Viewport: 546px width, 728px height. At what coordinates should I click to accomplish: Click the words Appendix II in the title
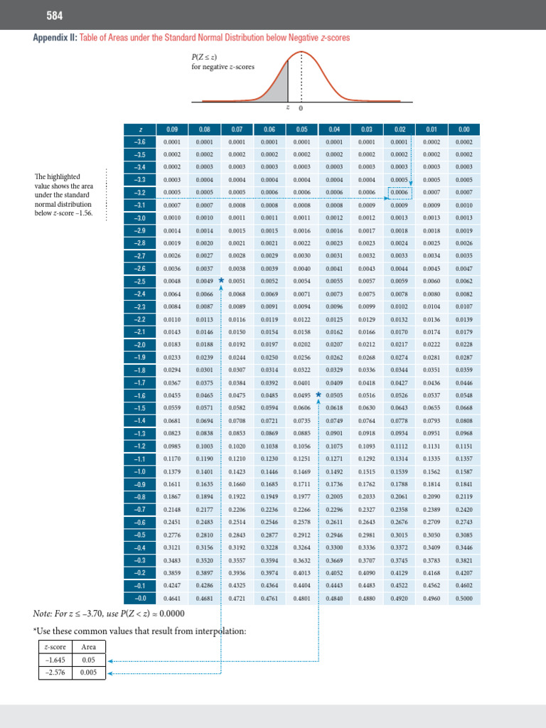(x=55, y=37)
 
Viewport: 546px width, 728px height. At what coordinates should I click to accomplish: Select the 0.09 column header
(x=172, y=129)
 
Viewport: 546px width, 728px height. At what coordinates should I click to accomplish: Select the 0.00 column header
(x=464, y=129)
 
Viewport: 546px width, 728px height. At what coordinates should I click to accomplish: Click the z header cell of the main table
(x=141, y=129)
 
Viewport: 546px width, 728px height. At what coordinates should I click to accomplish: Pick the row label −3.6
(x=141, y=141)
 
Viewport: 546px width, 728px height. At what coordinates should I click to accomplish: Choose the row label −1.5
(x=141, y=407)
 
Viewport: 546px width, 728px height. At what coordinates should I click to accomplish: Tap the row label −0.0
(x=141, y=598)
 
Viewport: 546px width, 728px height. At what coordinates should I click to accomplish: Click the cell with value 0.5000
(x=464, y=598)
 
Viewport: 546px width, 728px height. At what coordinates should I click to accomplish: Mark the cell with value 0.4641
(x=172, y=598)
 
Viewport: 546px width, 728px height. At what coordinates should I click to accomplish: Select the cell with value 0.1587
(x=464, y=471)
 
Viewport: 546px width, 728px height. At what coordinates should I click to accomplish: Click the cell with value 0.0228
(x=464, y=344)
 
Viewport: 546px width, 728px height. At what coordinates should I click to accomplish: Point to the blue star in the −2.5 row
(x=221, y=280)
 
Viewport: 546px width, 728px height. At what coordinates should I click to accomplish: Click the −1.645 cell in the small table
(x=56, y=659)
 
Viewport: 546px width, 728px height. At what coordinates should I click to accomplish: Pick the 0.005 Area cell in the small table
(x=89, y=672)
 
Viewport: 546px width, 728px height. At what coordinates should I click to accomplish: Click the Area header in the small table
(x=89, y=646)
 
